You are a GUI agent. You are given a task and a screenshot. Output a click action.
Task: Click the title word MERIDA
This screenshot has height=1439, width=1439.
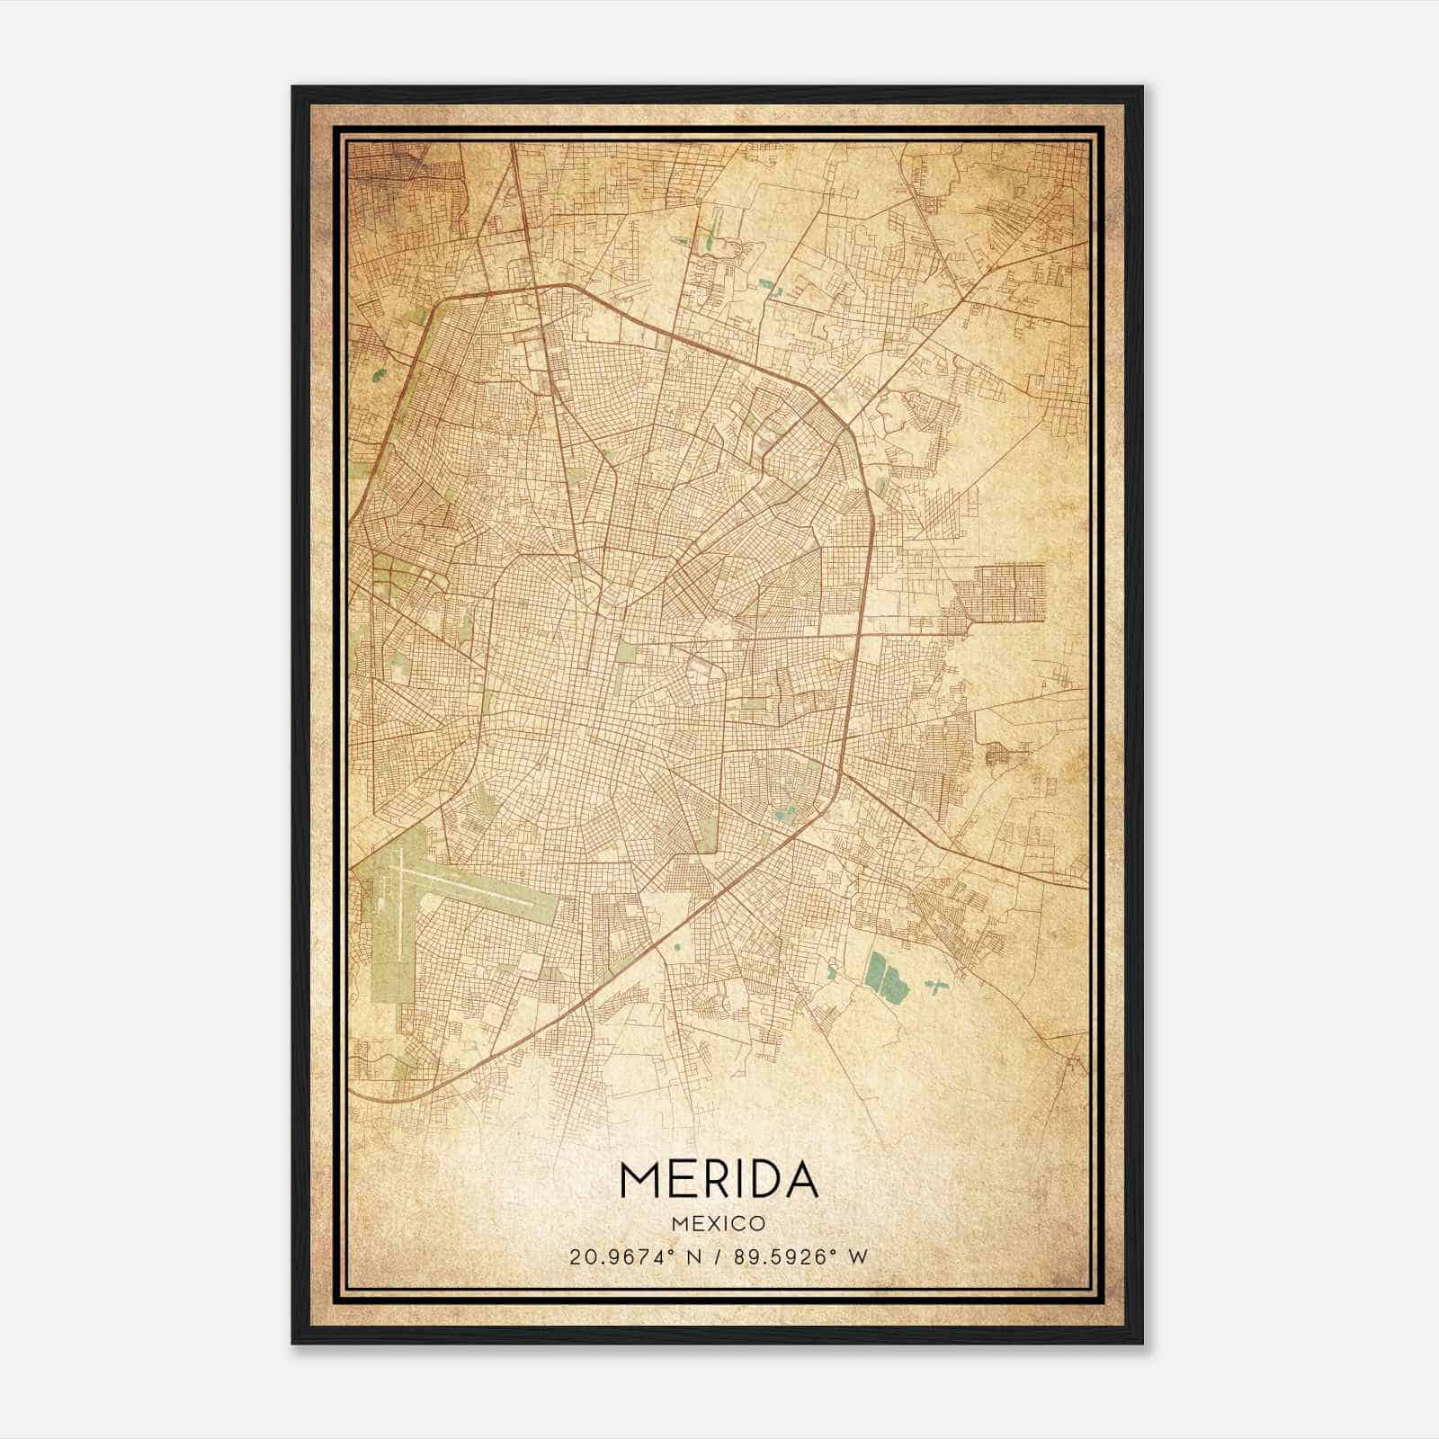click(719, 1181)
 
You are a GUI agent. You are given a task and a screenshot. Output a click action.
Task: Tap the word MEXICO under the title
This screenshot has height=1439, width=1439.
click(719, 1224)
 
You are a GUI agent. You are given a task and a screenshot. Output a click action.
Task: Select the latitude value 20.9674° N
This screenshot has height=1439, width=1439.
click(635, 1257)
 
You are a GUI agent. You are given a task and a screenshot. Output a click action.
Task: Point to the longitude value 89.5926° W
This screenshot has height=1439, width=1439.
click(791, 1257)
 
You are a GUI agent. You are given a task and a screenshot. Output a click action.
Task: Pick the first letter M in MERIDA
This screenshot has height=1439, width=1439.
click(637, 1181)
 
